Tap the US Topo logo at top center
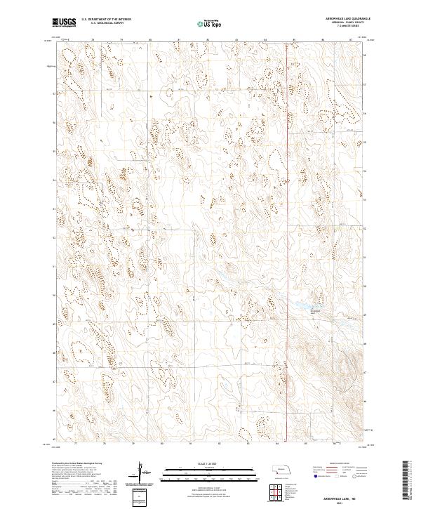coord(210,24)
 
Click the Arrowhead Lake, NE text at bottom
coord(330,494)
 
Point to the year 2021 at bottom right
coord(330,499)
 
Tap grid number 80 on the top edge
coord(151,40)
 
